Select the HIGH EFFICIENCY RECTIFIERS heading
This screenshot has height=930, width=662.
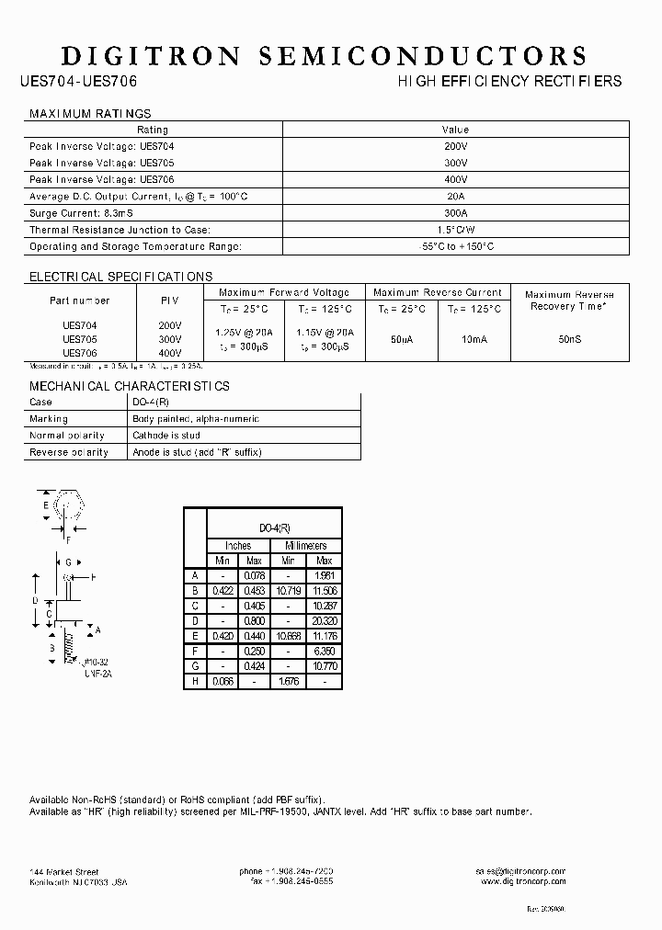pyautogui.click(x=509, y=82)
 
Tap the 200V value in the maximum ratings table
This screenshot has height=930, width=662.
pyautogui.click(x=455, y=147)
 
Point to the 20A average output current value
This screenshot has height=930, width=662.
pyautogui.click(x=455, y=197)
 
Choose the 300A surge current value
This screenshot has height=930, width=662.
pyautogui.click(x=455, y=213)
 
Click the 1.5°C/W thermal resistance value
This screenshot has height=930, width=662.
pyautogui.click(x=455, y=230)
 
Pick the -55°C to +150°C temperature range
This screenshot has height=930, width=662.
pyautogui.click(x=455, y=246)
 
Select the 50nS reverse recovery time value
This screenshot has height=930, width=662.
pyautogui.click(x=569, y=339)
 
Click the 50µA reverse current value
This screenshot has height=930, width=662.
pyautogui.click(x=402, y=339)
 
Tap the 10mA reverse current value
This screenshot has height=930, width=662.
pyautogui.click(x=474, y=339)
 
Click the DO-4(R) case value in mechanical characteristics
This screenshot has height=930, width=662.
pyautogui.click(x=151, y=403)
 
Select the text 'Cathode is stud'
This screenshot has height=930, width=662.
pyautogui.click(x=165, y=436)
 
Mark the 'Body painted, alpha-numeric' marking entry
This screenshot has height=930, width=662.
pyautogui.click(x=196, y=419)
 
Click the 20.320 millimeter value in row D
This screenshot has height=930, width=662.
pyautogui.click(x=324, y=621)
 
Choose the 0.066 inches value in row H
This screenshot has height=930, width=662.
pyautogui.click(x=223, y=681)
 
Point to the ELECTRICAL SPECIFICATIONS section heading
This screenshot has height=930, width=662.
pyautogui.click(x=121, y=277)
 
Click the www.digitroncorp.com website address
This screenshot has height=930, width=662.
pyautogui.click(x=523, y=881)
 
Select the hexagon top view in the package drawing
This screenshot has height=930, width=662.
pyautogui.click(x=65, y=507)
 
